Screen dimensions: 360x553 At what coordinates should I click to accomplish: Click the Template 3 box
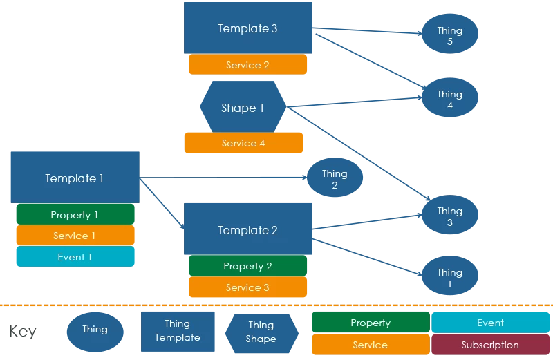(247, 28)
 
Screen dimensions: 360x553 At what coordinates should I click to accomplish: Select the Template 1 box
(74, 178)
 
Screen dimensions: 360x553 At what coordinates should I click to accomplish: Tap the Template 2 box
(247, 230)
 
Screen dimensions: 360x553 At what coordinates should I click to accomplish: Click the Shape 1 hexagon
(243, 108)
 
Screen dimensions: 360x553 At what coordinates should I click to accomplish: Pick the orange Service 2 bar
(247, 65)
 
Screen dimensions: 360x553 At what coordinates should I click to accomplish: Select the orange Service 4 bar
(243, 143)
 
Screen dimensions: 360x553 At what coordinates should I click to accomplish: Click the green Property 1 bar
(75, 215)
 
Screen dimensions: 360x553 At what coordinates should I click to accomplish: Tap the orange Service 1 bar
(75, 236)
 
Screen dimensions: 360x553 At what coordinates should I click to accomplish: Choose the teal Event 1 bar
(75, 257)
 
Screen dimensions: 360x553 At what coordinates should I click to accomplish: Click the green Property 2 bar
(247, 266)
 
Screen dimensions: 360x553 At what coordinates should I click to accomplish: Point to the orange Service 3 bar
(247, 287)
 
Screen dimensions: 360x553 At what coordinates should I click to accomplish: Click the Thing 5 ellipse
(449, 36)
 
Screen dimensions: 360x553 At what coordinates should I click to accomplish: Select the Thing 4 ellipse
(449, 100)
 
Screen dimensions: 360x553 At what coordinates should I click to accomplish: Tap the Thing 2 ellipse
(335, 179)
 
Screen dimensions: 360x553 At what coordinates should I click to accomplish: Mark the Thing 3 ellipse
(449, 216)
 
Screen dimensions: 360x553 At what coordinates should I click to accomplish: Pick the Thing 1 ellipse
(449, 278)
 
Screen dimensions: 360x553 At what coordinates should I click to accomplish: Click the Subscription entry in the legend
(490, 345)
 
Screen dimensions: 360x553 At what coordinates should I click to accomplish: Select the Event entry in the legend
(490, 323)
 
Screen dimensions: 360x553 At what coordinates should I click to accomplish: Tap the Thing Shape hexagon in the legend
(261, 332)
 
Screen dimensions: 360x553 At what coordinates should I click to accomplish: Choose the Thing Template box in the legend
(177, 330)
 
